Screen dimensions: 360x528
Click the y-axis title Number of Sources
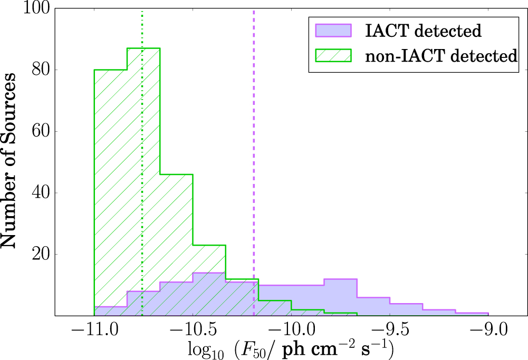9,162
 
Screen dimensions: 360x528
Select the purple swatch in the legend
333,31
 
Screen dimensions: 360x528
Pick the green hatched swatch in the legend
333,55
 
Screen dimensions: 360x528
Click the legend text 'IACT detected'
424,31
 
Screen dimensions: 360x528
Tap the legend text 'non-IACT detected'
441,55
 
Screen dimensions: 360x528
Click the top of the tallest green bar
143,48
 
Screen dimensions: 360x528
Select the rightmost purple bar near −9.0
472,314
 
